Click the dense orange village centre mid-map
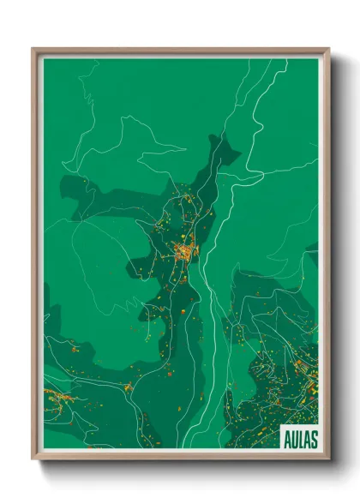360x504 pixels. click(x=184, y=251)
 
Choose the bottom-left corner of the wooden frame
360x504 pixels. click(x=33, y=459)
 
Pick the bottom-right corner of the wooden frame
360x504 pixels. click(x=328, y=459)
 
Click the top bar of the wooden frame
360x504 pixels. click(x=180, y=51)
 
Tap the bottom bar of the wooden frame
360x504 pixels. click(x=180, y=457)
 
